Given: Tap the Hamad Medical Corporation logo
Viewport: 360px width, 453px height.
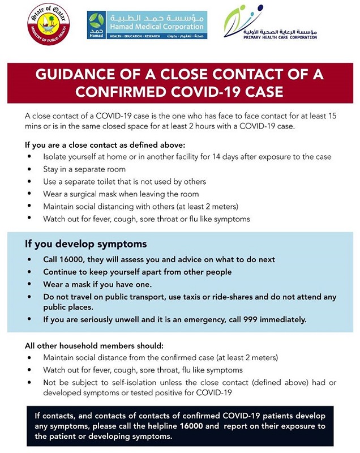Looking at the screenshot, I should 147,25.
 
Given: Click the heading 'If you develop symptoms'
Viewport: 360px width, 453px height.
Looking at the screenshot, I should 85,244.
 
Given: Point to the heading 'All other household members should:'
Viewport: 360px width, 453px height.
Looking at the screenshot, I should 94,345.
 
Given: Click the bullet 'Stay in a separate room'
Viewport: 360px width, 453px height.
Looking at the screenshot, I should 84,169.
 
